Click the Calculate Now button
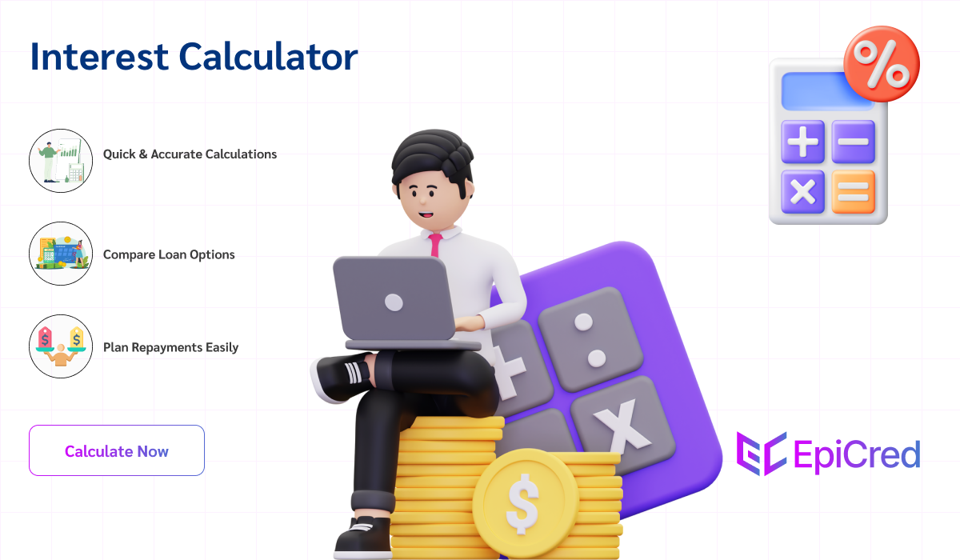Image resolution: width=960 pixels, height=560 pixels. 117,450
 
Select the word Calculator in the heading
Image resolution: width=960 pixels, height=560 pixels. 268,58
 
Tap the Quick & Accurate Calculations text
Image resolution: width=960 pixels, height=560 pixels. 190,154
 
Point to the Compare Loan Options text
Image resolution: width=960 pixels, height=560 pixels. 169,254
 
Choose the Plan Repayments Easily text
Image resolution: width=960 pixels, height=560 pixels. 170,347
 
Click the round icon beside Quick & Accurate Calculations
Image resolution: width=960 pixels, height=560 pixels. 61,160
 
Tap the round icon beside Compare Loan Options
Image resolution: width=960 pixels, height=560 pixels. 61,254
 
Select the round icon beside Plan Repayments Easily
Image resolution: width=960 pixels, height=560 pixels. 61,346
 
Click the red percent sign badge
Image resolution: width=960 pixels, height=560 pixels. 882,63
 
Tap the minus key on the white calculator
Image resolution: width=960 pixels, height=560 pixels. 853,142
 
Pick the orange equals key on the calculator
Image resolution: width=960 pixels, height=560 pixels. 853,192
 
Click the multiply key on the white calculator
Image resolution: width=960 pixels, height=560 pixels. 802,192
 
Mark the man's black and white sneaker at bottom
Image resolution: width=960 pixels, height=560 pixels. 364,537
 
